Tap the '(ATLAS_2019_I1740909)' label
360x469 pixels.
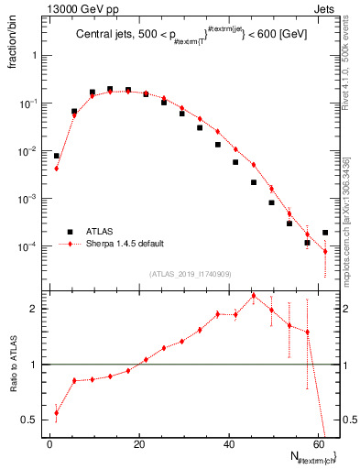(190, 273)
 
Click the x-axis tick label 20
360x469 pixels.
(138, 444)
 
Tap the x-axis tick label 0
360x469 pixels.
(49, 444)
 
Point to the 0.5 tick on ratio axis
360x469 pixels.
(30, 420)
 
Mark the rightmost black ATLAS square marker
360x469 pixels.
(325, 233)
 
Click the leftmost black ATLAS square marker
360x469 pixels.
(57, 156)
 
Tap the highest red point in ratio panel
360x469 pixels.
(254, 296)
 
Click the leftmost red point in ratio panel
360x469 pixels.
(57, 412)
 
